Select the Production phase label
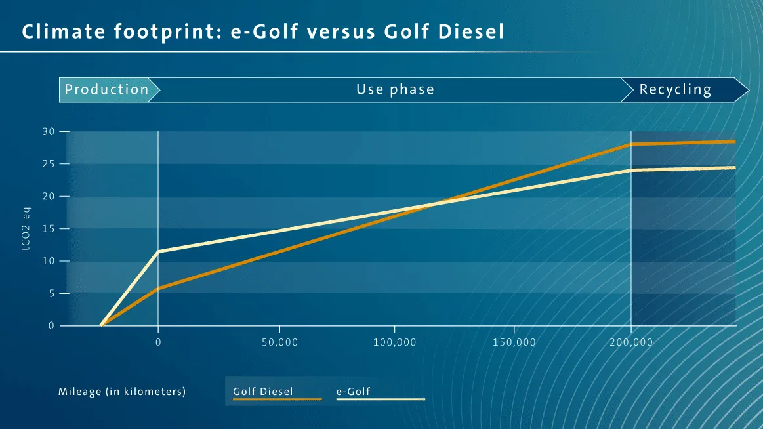[107, 89]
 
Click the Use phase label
[395, 89]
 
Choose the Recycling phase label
[675, 89]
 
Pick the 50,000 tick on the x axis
[279, 342]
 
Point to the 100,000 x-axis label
[395, 342]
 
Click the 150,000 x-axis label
[514, 342]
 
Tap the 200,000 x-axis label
[631, 342]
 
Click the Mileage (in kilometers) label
[122, 392]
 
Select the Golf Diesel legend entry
[263, 392]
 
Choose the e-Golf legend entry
[354, 392]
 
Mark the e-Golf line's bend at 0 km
[158, 251]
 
